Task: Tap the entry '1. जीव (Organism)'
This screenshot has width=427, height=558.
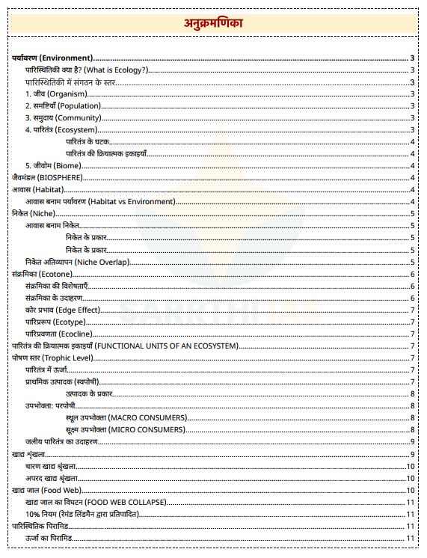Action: (x=56, y=93)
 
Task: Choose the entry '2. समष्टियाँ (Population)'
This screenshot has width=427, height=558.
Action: (x=63, y=105)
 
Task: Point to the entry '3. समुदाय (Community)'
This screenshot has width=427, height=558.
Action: (x=63, y=117)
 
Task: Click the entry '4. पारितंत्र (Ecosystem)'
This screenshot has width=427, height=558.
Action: (x=61, y=129)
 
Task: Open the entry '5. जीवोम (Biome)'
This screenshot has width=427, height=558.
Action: (x=53, y=165)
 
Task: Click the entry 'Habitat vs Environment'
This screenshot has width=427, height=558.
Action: (x=100, y=201)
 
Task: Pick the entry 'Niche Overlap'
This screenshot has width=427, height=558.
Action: (x=77, y=262)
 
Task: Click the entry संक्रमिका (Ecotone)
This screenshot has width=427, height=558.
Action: (x=43, y=274)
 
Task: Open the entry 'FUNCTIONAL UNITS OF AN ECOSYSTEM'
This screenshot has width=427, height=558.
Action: (x=125, y=346)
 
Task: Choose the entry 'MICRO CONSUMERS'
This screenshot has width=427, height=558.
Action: (x=125, y=429)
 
